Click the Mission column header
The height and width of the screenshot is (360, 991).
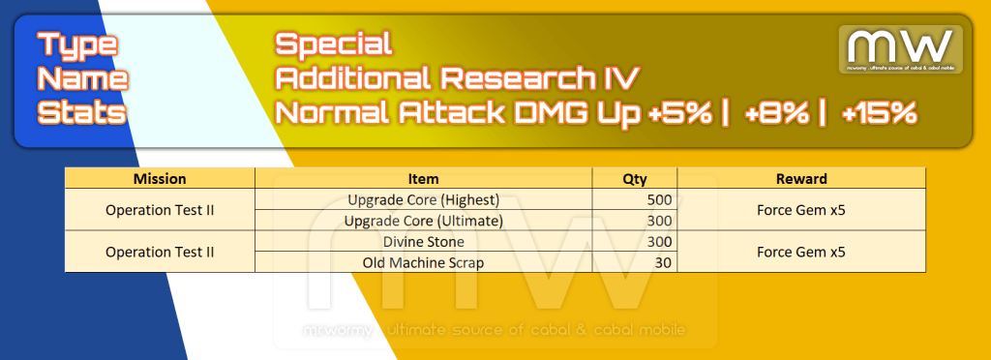[160, 179]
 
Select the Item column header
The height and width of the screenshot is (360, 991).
[424, 179]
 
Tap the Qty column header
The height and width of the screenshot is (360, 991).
[635, 179]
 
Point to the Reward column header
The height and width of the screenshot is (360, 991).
[801, 179]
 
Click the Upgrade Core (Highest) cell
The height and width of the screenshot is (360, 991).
[424, 200]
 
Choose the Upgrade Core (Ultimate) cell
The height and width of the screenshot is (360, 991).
[424, 221]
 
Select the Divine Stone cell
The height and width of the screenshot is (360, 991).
[424, 242]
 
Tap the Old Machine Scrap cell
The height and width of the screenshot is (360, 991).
[424, 262]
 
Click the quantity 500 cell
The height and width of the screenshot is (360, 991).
[635, 200]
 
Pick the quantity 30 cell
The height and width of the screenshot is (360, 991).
[635, 262]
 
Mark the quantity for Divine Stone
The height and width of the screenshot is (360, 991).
[635, 242]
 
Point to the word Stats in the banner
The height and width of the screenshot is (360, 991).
[82, 113]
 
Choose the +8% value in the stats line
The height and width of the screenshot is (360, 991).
[777, 113]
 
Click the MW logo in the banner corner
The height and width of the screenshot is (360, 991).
[901, 49]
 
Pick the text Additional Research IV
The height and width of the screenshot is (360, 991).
[458, 79]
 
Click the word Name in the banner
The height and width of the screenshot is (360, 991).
[83, 79]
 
